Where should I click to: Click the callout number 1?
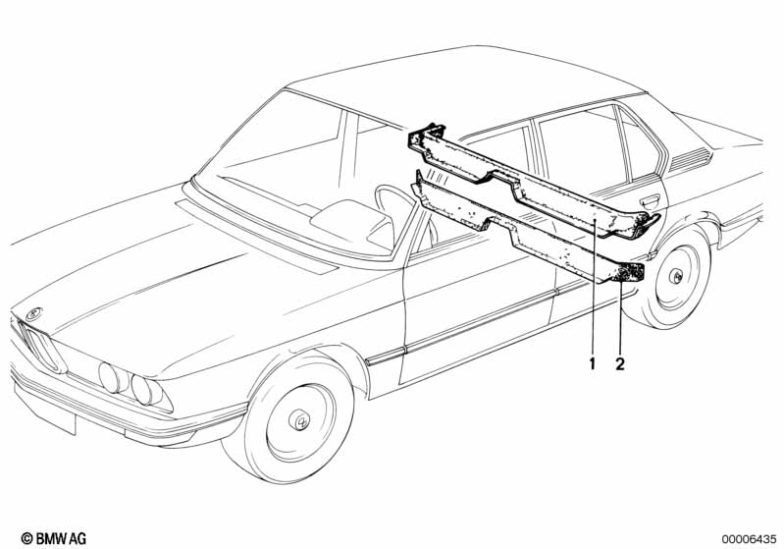point(593,363)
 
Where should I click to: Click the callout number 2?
point(620,363)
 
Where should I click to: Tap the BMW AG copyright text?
point(54,538)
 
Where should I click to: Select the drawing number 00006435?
point(749,539)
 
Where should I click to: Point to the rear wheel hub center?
point(676,277)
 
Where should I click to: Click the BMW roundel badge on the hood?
point(34,314)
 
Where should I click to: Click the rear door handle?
point(648,202)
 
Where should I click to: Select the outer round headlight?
point(109,377)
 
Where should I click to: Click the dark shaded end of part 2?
point(631,273)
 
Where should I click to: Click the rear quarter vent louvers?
point(691,158)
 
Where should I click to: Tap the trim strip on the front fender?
point(386,355)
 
